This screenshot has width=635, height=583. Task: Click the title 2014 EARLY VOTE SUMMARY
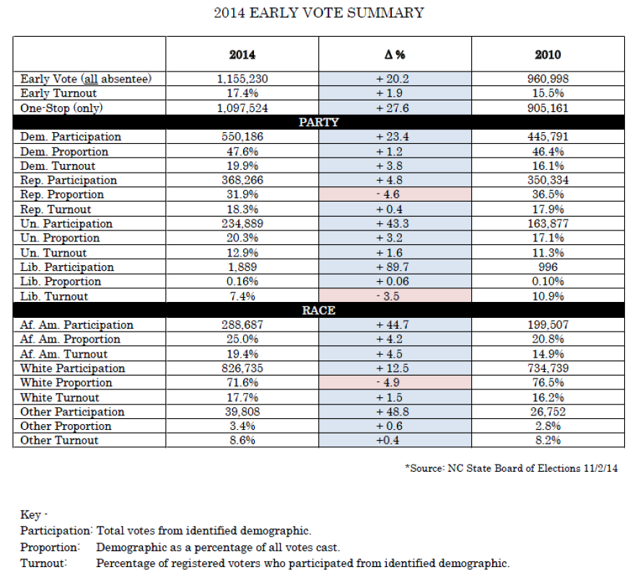coord(319,13)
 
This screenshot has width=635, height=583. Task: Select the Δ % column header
coord(395,54)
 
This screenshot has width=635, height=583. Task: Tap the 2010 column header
coord(548,54)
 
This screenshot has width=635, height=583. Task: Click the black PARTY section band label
coord(319,122)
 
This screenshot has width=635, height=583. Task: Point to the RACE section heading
coord(319,310)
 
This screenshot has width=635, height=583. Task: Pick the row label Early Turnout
coord(58,93)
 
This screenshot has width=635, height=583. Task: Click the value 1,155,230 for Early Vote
coord(242,79)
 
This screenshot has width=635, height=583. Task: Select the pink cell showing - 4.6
coord(395,194)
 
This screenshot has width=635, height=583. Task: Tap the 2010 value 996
coord(548,267)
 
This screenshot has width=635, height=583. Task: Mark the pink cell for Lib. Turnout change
coord(395,296)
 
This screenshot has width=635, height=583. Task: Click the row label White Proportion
coord(66,382)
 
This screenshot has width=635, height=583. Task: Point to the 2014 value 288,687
coord(242,325)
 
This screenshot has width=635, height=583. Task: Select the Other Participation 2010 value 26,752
coord(548,412)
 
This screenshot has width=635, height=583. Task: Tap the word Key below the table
coord(31,514)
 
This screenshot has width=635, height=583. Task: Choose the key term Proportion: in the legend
coord(51,548)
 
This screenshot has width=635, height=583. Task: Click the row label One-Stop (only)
coord(61,108)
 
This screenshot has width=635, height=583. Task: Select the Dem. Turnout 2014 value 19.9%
coord(242,166)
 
